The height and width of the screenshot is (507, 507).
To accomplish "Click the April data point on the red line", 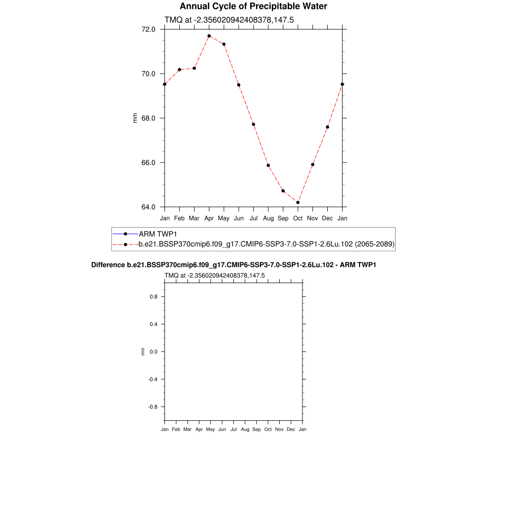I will pos(209,36).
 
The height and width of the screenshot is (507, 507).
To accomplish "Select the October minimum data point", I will pos(298,202).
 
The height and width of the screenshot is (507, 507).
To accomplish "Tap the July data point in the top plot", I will pos(253,124).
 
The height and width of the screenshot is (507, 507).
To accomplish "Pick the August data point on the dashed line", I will pos(268,165).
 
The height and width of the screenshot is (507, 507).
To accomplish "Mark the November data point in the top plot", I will pos(313,164).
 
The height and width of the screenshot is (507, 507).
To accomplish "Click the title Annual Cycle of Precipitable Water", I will pos(253,6).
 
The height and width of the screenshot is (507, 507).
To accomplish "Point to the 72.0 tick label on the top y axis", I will pos(149,29).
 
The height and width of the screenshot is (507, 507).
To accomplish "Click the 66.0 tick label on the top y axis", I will pos(149,162).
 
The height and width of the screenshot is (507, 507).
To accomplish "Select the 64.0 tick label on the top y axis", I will pos(149,207).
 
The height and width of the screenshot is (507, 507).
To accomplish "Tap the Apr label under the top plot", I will pos(209,218).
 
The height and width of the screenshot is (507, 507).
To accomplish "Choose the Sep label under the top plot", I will pos(283,218).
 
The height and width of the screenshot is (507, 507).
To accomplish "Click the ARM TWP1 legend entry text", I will pos(158,234).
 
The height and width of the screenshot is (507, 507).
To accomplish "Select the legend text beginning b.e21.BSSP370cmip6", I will pos(266,244).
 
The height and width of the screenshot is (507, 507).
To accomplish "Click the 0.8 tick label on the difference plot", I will pos(153,297).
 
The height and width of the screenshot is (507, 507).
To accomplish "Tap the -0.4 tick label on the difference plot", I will pos(152,379).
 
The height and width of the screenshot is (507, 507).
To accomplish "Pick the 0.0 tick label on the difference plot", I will pos(153,352).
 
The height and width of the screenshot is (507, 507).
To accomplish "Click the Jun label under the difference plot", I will pos(222,429).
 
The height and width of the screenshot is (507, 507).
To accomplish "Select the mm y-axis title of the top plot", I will pos(135,118).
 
